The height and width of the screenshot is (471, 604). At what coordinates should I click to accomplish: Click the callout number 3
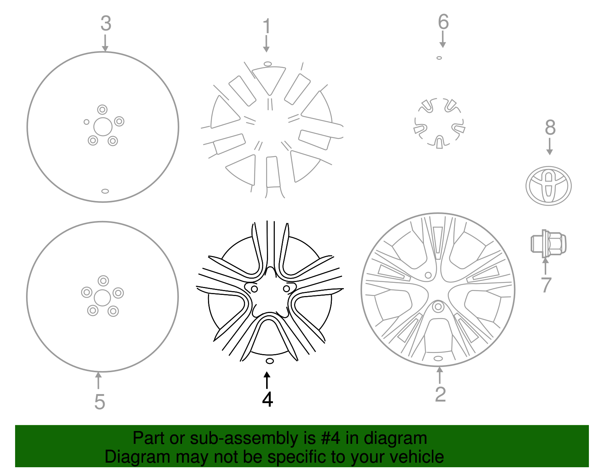point(106,23)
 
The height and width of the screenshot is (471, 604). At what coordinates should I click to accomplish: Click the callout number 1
point(267,26)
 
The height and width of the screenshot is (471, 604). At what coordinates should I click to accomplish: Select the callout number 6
point(443,22)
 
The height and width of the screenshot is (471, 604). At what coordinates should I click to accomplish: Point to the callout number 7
point(546,285)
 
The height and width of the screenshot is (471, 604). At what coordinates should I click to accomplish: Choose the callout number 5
point(99,402)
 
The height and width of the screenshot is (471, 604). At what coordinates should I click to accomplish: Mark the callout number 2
point(440,394)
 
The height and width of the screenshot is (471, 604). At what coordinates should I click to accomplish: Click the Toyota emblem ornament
point(549,186)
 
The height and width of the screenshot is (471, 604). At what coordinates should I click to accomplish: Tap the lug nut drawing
point(548,244)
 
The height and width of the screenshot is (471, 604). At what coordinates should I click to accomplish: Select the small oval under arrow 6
point(439,58)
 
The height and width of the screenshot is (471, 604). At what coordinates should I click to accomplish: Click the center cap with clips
point(439,123)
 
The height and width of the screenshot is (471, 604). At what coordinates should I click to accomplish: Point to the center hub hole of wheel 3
point(103,127)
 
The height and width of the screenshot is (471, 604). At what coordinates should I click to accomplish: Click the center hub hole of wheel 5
point(102,298)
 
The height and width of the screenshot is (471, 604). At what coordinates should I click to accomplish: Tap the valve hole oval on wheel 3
point(105,191)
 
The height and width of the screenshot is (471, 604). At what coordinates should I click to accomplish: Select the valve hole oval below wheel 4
point(270,361)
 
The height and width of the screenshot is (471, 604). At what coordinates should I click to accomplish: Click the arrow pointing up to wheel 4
point(267,380)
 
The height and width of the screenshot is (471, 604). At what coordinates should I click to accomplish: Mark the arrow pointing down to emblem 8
point(550,147)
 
